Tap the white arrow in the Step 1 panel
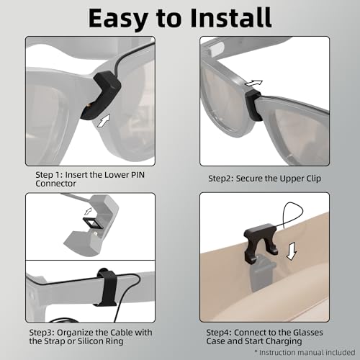point(104,120)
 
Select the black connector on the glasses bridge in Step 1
point(101,96)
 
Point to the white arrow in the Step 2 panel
point(253,84)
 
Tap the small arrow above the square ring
point(88,211)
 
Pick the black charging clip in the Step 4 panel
point(261,243)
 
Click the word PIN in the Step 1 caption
point(138,175)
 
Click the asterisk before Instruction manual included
point(256,351)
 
